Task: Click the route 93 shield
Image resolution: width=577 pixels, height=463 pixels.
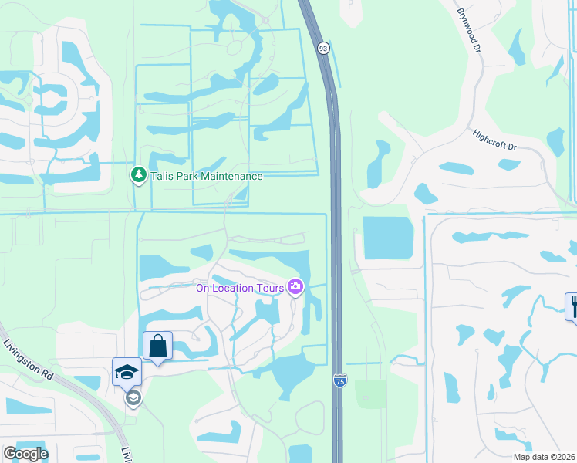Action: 323,48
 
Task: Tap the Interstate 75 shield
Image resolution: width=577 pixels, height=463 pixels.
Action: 339,380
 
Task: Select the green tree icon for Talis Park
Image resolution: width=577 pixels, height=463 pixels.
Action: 138,175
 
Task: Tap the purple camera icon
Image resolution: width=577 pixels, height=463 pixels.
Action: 295,288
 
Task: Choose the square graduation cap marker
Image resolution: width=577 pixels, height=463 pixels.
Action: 127,372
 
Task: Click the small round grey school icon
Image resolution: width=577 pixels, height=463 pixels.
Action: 133,397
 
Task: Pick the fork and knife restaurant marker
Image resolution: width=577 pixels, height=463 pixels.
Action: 572,306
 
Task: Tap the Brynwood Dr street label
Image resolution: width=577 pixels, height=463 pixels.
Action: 468,30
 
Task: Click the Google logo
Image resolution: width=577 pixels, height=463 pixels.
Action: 25,454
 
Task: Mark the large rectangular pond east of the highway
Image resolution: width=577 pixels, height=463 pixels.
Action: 388,237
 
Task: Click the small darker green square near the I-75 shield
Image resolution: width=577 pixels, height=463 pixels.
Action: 371,394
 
